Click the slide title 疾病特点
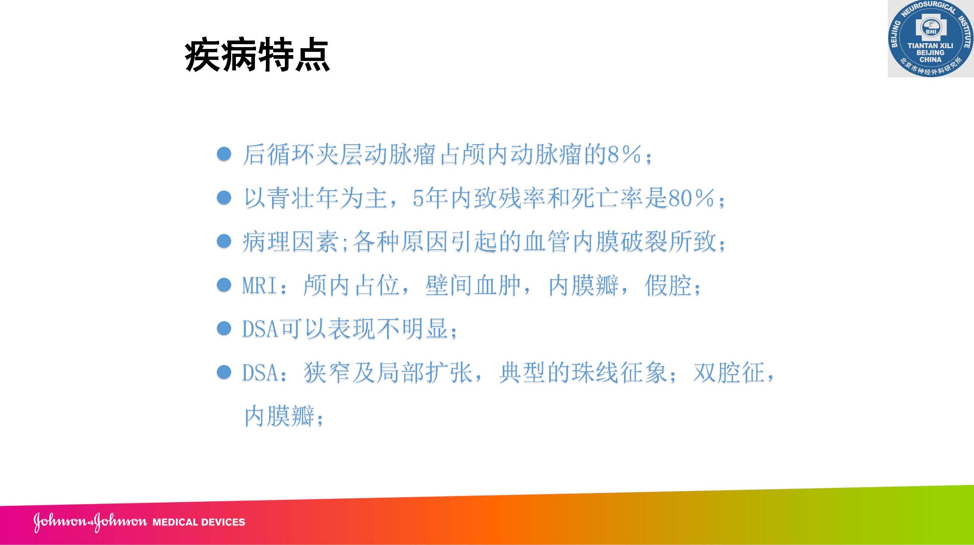click(x=257, y=55)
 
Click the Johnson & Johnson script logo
click(x=90, y=522)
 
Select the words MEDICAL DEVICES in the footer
click(x=199, y=522)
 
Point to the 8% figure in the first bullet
click(x=624, y=155)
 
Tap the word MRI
click(x=259, y=285)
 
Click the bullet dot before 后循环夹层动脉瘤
click(x=224, y=154)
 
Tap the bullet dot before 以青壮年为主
click(x=224, y=197)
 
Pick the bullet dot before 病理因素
click(x=224, y=241)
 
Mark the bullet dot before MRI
click(x=224, y=285)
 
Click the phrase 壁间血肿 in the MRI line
click(x=473, y=285)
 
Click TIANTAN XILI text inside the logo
click(x=930, y=46)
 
